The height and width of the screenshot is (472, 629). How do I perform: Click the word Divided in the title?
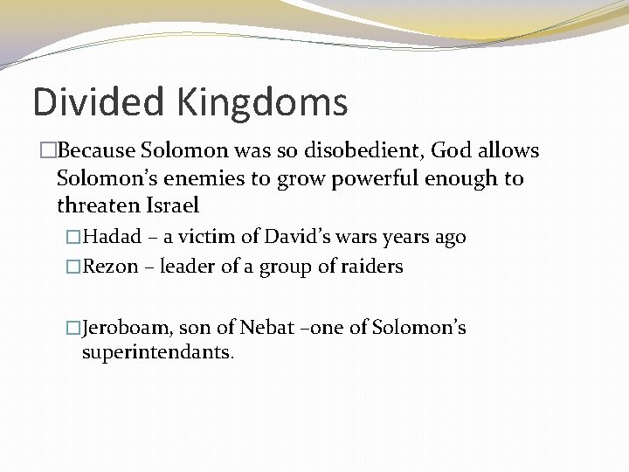click(99, 102)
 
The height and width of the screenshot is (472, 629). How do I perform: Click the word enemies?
click(209, 179)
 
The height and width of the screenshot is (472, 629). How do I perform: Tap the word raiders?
click(372, 267)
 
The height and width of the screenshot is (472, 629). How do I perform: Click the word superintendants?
click(157, 352)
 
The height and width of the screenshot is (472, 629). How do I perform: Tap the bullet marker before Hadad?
click(73, 238)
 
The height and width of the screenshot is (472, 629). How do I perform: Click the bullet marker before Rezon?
click(73, 267)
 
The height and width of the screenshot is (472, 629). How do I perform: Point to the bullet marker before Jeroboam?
click(73, 329)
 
